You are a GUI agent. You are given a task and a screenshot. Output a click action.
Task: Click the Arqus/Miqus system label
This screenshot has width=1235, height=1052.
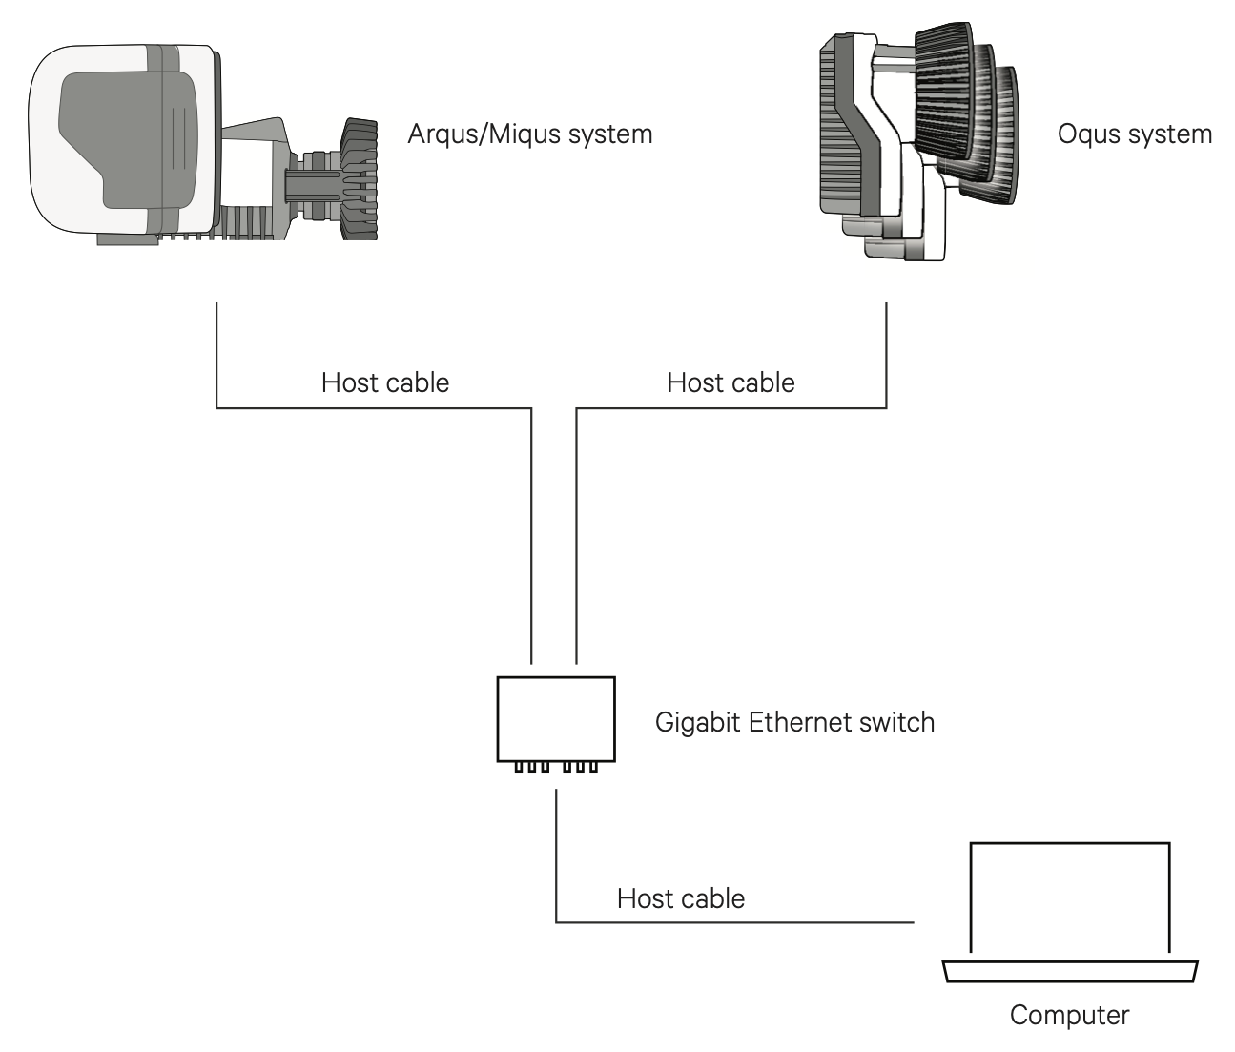[x=529, y=134]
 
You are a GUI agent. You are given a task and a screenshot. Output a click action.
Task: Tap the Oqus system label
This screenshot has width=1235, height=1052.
[x=1134, y=134]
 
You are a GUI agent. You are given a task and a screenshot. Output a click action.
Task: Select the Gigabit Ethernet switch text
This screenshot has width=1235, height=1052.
[x=793, y=722]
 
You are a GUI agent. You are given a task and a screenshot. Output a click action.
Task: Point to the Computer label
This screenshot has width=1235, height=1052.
[x=1068, y=1015]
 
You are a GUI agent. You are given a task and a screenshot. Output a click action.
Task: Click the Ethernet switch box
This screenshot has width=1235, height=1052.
[x=555, y=717]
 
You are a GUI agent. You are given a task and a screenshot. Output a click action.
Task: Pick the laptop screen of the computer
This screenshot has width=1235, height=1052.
[x=1069, y=897]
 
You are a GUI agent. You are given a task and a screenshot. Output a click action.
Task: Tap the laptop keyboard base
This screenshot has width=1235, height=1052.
[x=1069, y=971]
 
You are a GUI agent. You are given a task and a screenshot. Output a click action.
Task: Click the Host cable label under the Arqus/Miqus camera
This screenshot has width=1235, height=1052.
[x=384, y=382]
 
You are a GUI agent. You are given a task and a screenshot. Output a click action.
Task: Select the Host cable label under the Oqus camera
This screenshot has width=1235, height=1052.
[x=731, y=382]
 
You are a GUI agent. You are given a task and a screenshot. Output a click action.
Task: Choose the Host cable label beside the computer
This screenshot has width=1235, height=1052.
[x=680, y=898]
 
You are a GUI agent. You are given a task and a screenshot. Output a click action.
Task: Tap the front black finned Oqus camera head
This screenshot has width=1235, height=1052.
[x=944, y=91]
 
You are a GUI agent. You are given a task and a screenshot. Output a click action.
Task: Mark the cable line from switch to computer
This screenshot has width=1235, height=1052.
[x=734, y=922]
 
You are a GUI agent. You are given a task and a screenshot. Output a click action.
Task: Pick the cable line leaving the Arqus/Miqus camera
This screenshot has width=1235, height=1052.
[x=217, y=353]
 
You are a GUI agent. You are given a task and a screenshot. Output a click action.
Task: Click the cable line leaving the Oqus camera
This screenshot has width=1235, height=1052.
[x=886, y=353]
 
